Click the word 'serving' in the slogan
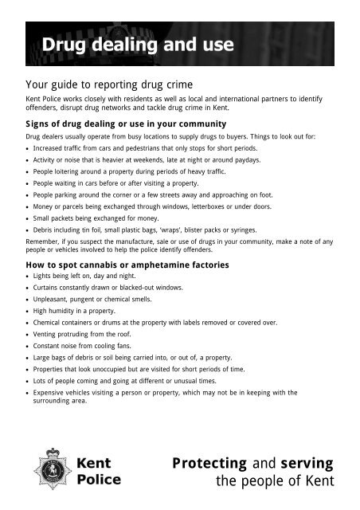point(307,463)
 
